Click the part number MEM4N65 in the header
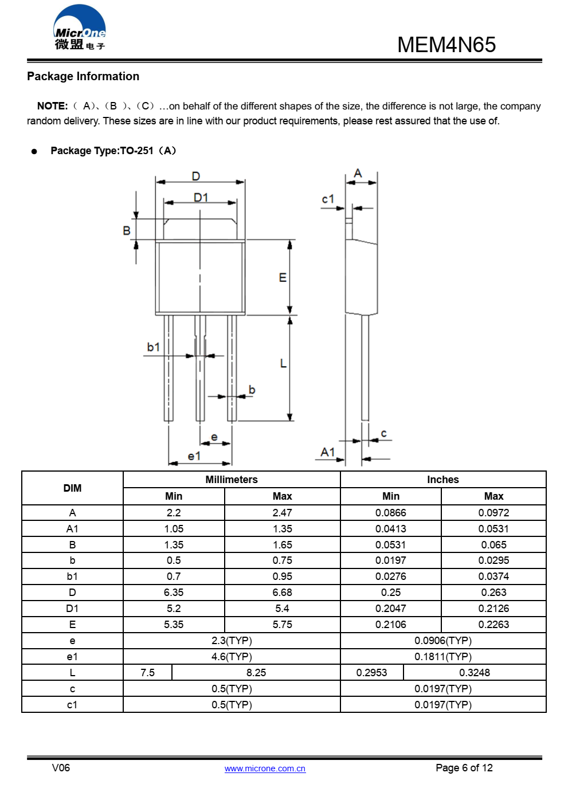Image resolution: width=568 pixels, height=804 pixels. [x=446, y=45]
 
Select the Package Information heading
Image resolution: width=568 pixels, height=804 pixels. [x=83, y=76]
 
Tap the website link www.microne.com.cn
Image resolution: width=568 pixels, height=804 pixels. [x=265, y=768]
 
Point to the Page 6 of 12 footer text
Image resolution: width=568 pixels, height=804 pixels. [x=464, y=768]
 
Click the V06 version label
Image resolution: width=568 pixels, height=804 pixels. [x=61, y=768]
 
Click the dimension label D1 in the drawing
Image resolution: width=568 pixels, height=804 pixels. [x=201, y=197]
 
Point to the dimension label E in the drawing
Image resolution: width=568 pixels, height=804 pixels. [x=283, y=277]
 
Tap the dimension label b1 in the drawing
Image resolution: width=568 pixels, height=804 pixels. [x=153, y=347]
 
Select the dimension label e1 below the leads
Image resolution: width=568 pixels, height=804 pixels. [x=194, y=456]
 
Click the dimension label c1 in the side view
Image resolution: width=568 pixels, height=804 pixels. [x=328, y=199]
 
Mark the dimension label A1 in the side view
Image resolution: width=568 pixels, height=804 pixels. [x=327, y=452]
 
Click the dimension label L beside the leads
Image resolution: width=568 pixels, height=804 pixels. [x=283, y=363]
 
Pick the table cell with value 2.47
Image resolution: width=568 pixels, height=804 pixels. [x=282, y=513]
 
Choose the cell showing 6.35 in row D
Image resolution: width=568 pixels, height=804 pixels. [x=174, y=593]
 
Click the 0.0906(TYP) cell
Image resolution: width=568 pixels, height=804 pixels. [x=443, y=641]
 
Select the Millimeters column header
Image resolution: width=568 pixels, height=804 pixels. [x=232, y=480]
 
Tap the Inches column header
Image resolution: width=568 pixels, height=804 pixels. [x=442, y=480]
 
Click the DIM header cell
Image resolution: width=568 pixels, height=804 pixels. [x=72, y=488]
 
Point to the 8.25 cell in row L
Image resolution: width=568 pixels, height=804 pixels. [x=256, y=673]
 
